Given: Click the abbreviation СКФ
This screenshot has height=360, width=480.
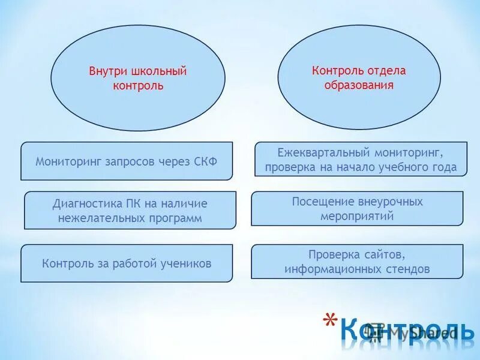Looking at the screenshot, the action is tap(205, 161).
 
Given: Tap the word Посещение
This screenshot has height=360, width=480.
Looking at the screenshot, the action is tap(321, 202).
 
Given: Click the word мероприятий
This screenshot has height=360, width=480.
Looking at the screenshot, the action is tap(358, 217).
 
